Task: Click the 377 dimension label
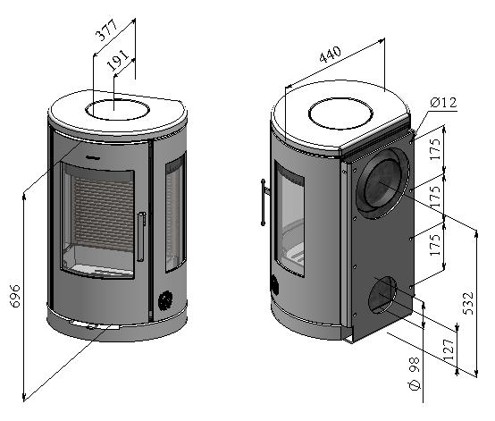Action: pyautogui.click(x=106, y=30)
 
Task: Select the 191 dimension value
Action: pyautogui.click(x=118, y=60)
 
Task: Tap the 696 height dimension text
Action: pyautogui.click(x=15, y=296)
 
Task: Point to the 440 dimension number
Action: pyautogui.click(x=331, y=55)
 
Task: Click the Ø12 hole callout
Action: pyautogui.click(x=443, y=102)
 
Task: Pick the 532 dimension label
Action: pyautogui.click(x=468, y=303)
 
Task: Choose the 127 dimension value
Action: pyautogui.click(x=449, y=349)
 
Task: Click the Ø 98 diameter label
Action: pyautogui.click(x=415, y=374)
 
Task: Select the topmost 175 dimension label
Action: pyautogui.click(x=435, y=148)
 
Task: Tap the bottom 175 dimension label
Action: pyautogui.click(x=435, y=245)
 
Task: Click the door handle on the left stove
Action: pyautogui.click(x=141, y=237)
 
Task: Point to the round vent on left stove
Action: pyautogui.click(x=165, y=300)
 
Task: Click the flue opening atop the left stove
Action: pyautogui.click(x=117, y=110)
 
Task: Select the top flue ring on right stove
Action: pyautogui.click(x=340, y=114)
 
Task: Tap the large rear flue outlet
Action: pyautogui.click(x=382, y=183)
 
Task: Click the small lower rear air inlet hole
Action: pyautogui.click(x=382, y=295)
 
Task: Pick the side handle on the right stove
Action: pyautogui.click(x=264, y=202)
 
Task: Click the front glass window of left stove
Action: pyautogui.click(x=98, y=221)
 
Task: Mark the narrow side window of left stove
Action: pyautogui.click(x=175, y=213)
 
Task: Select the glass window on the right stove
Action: pyautogui.click(x=289, y=219)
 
